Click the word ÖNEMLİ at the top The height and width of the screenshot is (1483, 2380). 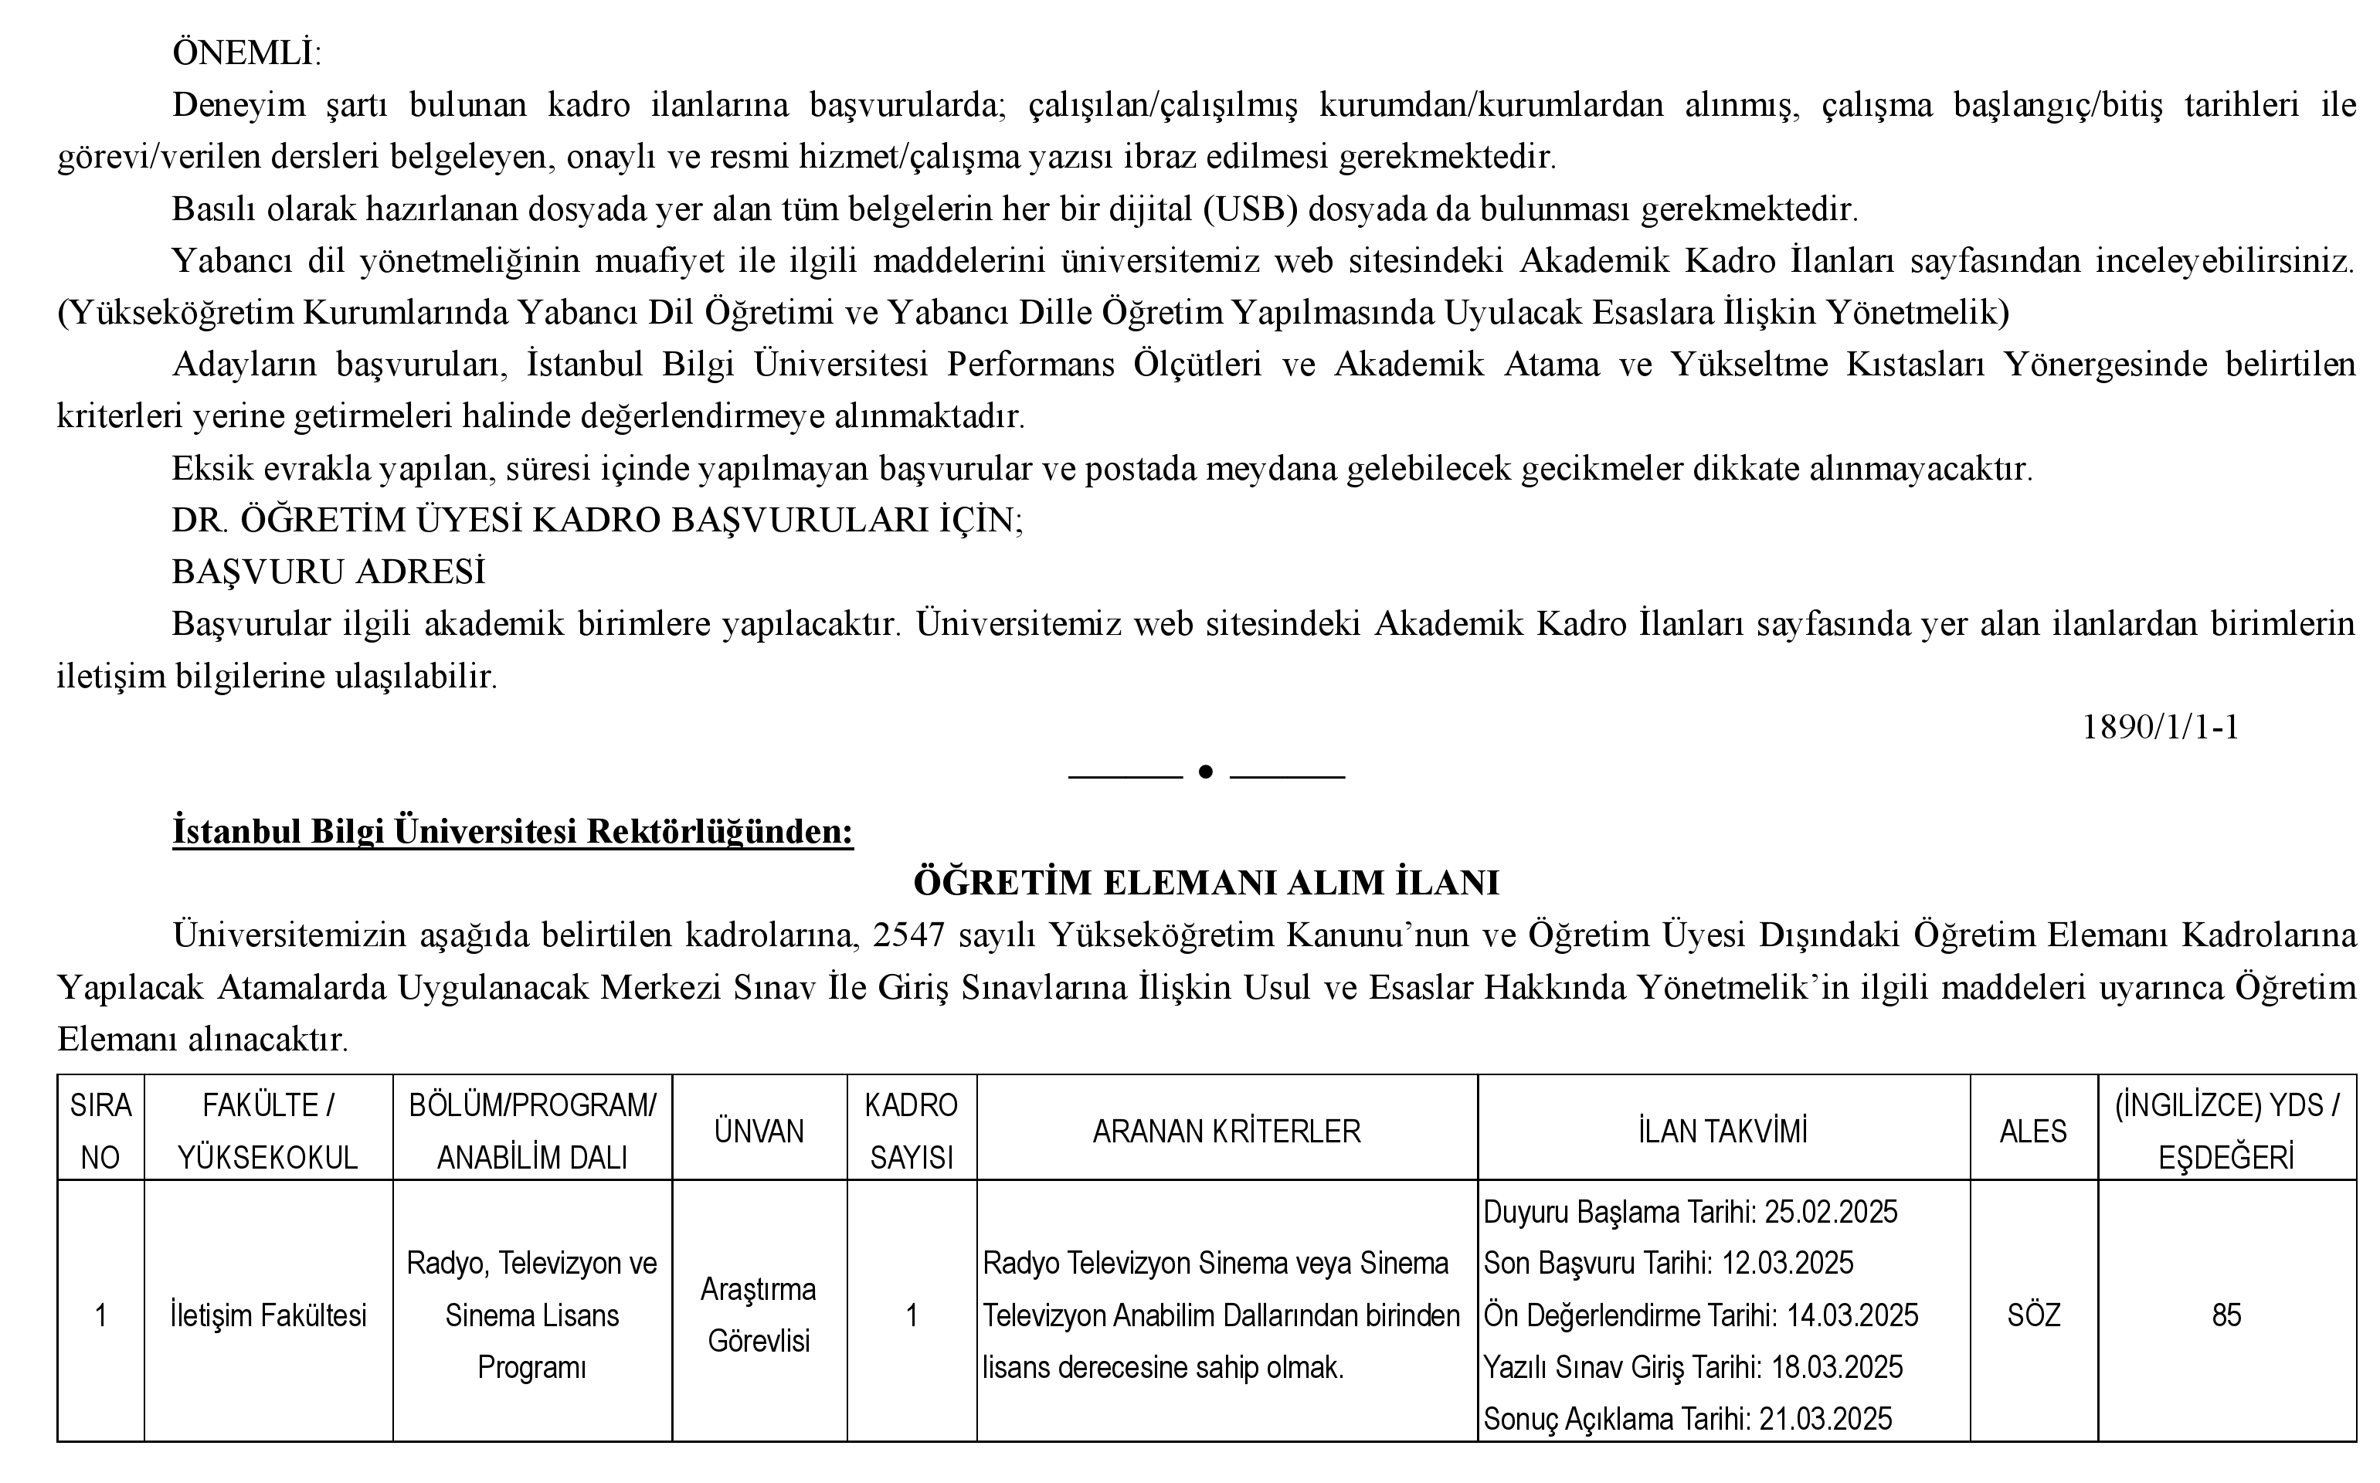(245, 53)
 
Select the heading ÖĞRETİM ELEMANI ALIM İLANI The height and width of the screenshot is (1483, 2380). (1206, 883)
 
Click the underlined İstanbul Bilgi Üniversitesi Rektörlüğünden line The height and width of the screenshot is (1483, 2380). (513, 831)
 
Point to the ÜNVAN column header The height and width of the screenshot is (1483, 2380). (759, 1131)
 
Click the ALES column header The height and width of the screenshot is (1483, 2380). (2033, 1131)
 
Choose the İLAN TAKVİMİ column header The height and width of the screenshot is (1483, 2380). (1723, 1131)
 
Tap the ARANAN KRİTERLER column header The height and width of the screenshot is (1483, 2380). (1227, 1131)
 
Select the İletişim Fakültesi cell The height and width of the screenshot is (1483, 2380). (268, 1315)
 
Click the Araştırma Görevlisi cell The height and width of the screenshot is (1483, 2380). (759, 1315)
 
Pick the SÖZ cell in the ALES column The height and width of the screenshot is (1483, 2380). (2033, 1315)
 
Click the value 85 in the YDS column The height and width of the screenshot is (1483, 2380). (2226, 1315)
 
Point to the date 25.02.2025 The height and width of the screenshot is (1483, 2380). (1831, 1213)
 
